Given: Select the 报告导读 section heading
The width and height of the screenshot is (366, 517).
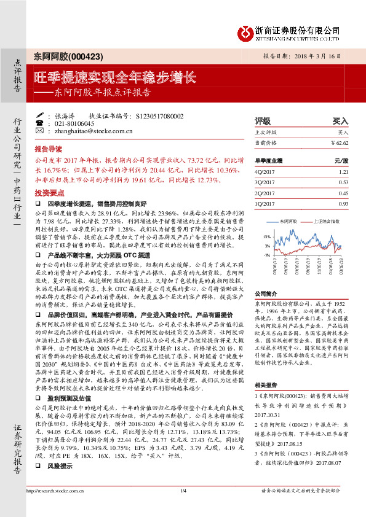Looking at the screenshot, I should pos(48,149).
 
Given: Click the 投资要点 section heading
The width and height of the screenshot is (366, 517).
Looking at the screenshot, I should pos(48,192).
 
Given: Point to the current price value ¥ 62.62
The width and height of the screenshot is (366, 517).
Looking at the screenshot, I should pos(340,142).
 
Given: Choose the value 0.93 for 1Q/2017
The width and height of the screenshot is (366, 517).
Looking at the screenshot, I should pos(343,203).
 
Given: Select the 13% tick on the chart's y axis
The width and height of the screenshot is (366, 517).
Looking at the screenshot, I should pos(267,236).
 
